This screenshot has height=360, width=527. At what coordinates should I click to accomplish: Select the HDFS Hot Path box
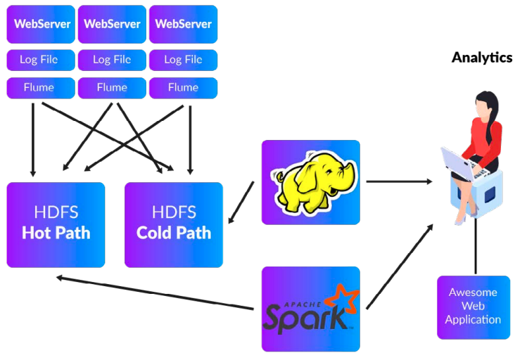[x=56, y=224]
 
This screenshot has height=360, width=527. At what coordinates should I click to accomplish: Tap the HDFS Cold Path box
[x=174, y=224]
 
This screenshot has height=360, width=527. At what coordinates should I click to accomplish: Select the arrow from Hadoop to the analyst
[x=398, y=181]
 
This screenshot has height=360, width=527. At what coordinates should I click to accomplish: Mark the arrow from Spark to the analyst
[x=398, y=266]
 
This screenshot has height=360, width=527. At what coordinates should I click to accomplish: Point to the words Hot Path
[x=56, y=233]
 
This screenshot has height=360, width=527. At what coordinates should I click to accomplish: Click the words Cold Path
[x=174, y=233]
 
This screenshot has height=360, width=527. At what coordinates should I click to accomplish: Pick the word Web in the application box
[x=473, y=306]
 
